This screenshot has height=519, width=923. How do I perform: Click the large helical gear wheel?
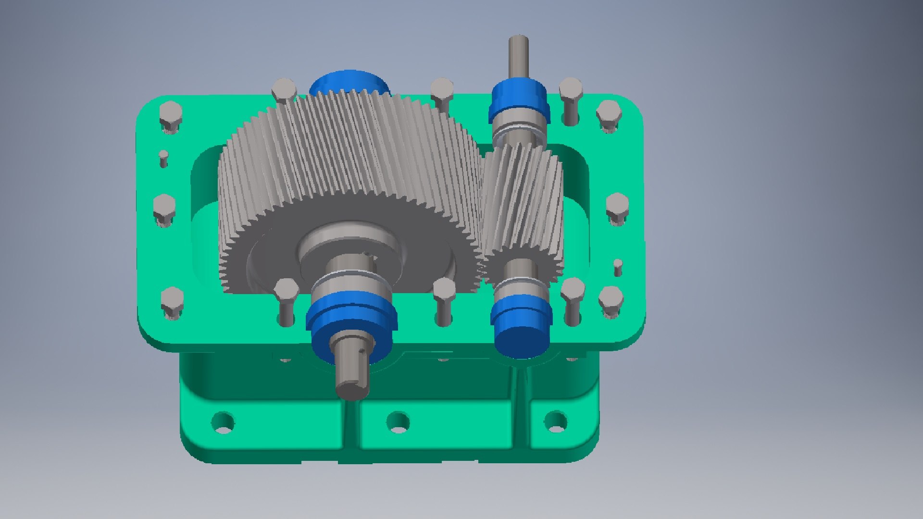click(x=346, y=159)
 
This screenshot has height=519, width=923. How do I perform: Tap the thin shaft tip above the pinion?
click(x=519, y=53)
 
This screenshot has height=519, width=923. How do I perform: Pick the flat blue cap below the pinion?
click(x=522, y=336)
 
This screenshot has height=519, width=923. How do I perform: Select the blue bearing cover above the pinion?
click(x=518, y=101)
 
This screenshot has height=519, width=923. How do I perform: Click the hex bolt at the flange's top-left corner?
click(x=170, y=115)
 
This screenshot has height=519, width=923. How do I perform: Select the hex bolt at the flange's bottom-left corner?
click(x=172, y=301)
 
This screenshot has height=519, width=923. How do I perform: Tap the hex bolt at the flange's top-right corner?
click(x=609, y=113)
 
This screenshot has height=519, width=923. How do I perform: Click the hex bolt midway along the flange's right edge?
click(x=617, y=207)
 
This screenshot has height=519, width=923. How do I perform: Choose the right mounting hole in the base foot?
click(x=556, y=421)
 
